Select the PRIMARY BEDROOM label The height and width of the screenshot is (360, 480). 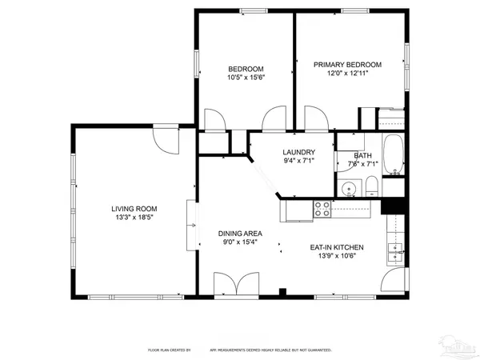[x=347, y=65]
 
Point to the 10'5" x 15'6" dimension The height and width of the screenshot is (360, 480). [x=246, y=78]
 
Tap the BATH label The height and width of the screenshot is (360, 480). [x=362, y=156]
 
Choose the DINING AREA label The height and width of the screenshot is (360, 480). [x=241, y=234]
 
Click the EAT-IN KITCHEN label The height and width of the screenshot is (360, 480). [x=337, y=247]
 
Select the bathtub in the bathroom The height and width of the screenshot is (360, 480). [x=394, y=157]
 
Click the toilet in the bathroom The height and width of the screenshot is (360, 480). [x=371, y=189]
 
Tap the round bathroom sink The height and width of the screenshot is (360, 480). [x=347, y=190]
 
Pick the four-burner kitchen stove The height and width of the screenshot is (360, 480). [x=322, y=209]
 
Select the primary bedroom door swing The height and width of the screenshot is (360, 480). [x=316, y=119]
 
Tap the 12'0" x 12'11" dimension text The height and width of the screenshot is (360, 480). [x=347, y=74]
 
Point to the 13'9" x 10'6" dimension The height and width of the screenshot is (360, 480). [x=337, y=256]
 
